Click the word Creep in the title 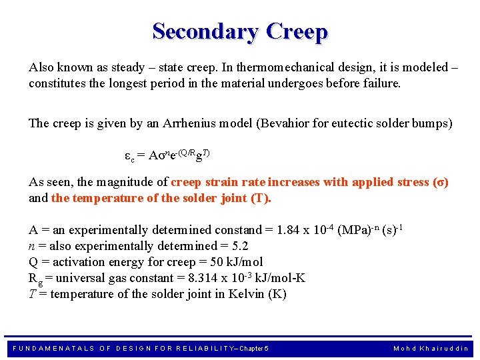click(296, 31)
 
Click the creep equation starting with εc click(167, 155)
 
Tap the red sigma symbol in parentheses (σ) click(440, 182)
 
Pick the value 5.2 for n click(221, 246)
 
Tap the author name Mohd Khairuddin click(431, 349)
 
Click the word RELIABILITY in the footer click(187, 349)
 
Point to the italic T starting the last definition click(32, 294)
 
